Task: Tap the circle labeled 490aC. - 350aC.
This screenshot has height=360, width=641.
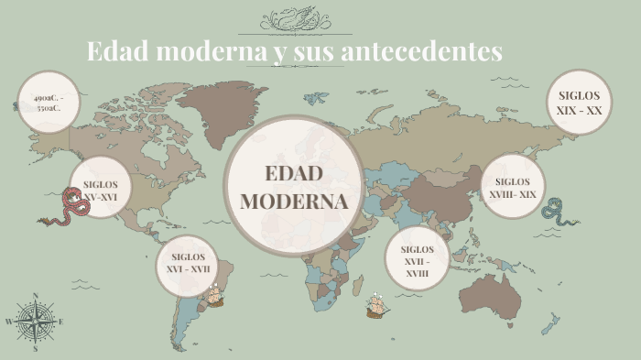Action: click(x=49, y=102)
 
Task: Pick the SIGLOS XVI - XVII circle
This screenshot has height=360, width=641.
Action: click(x=189, y=263)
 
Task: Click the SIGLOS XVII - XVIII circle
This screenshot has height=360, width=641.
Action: click(x=417, y=260)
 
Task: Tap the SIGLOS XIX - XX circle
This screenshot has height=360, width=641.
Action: click(x=580, y=103)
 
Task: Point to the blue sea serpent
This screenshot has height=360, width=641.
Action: click(x=554, y=212)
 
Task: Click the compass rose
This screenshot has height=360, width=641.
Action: click(x=35, y=322)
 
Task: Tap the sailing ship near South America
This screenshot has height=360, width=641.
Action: click(x=213, y=295)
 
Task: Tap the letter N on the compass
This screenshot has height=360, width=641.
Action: click(x=35, y=296)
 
